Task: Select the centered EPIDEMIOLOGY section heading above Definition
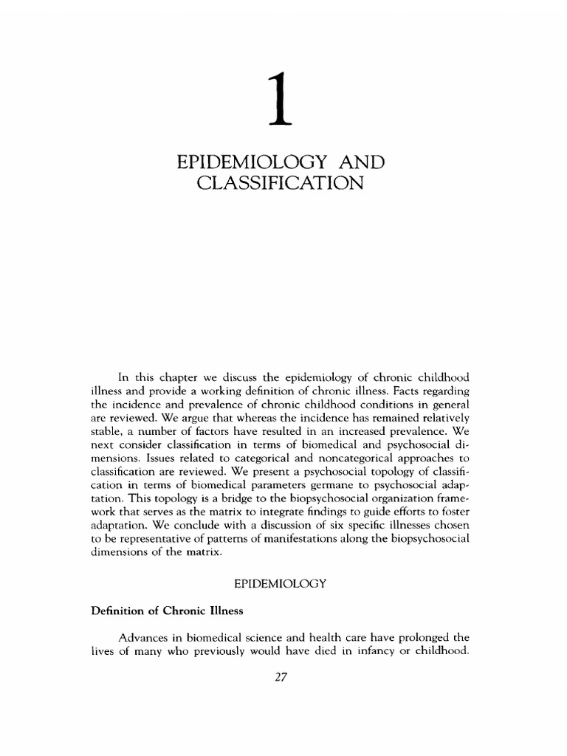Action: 280,583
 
